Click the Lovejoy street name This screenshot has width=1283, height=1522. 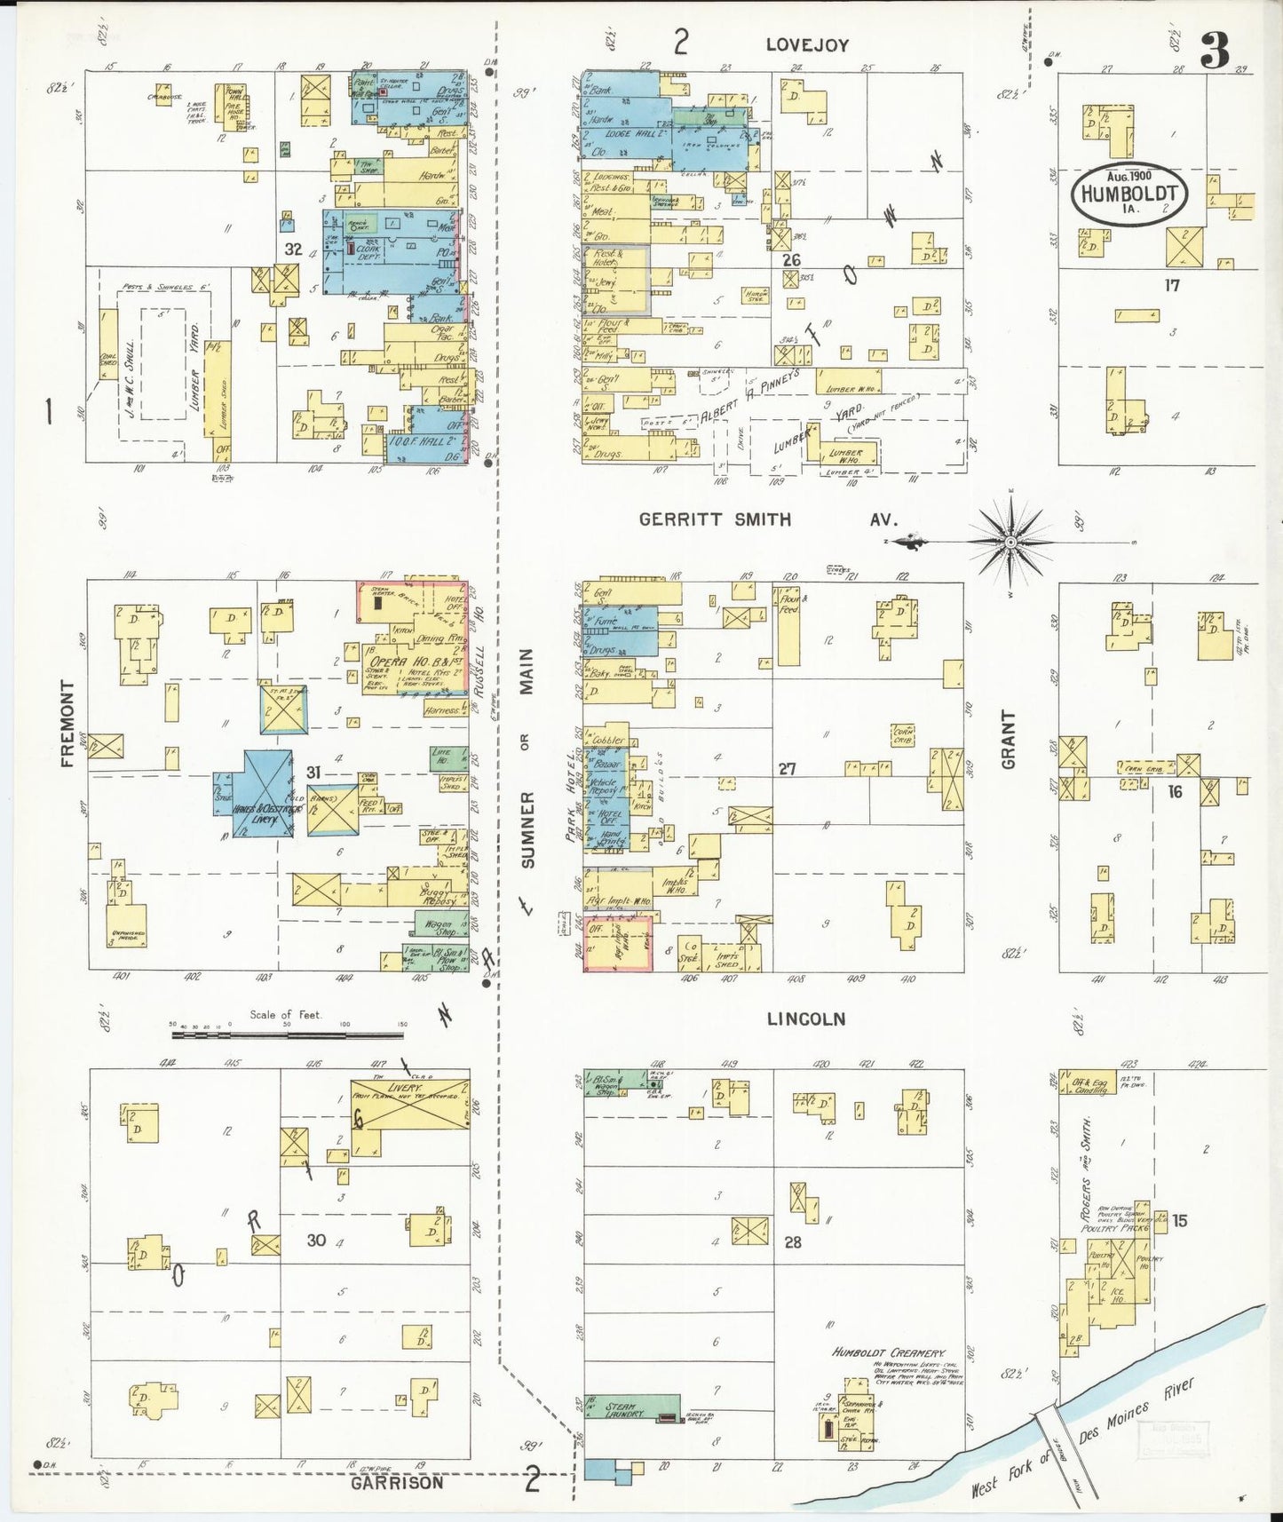(807, 44)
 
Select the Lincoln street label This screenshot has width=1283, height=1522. (805, 1019)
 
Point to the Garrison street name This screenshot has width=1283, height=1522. (396, 1482)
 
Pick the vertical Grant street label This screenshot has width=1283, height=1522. (1008, 739)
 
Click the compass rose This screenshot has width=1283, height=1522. (1010, 541)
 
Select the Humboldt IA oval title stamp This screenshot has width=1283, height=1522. (1129, 193)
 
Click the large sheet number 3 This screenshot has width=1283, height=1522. (1214, 51)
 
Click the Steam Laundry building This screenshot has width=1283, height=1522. (631, 1409)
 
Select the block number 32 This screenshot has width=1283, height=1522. (294, 250)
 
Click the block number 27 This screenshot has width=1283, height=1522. (787, 768)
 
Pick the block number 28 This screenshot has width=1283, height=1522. (792, 1241)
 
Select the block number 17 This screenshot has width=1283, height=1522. (1172, 286)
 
